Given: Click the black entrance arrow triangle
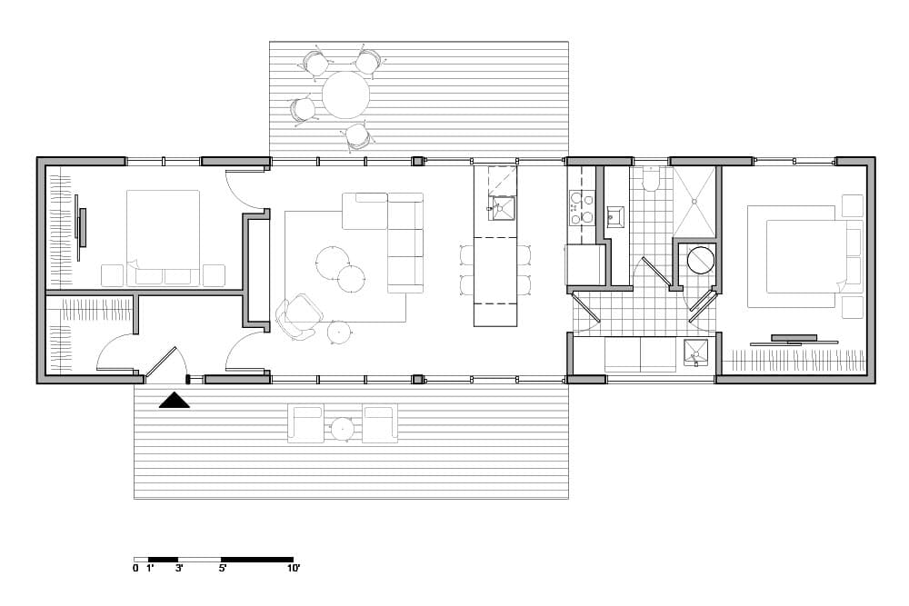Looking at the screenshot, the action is coord(175,401).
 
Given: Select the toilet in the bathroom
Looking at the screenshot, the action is coord(651,179).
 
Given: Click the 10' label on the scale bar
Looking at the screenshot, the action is coord(294,569).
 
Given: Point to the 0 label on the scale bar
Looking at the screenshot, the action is coord(135,569).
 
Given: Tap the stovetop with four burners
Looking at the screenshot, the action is coord(582,208).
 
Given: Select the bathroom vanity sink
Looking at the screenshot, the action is coord(615,217).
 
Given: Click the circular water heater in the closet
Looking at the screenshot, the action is coord(701,260).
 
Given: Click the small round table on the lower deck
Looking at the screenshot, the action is coord(343,430).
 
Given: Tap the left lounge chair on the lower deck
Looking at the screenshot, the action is coord(306,424).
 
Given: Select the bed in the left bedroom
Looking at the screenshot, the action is coord(164,238).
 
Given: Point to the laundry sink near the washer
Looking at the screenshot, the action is coord(695,353).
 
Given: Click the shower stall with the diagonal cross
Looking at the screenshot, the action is coord(695,202).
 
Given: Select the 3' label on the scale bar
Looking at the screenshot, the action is coord(178,569).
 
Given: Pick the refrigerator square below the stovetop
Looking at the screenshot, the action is coord(584,264).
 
